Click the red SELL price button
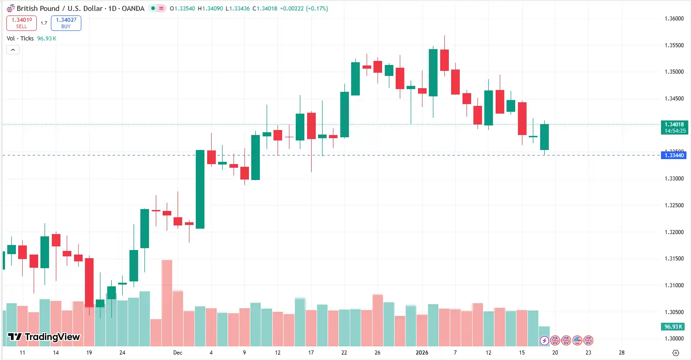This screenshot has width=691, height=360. coord(21,23)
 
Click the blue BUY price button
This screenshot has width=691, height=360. coord(66,23)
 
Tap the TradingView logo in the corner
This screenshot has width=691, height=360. coord(44,337)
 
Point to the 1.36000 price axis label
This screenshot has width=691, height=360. coord(674,19)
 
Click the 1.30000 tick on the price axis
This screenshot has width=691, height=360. coord(674,339)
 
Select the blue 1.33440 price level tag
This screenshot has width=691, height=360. coord(674,155)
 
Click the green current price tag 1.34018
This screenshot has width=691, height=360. coord(674,127)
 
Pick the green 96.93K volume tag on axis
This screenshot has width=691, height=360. coord(673,327)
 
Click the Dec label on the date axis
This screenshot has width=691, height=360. coord(178,353)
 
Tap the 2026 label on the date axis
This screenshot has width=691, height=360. coord(422,353)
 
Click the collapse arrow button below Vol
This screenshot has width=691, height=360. coord(13,50)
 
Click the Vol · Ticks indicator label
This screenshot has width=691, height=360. coord(20,39)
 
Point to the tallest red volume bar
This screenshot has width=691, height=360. coord(167,302)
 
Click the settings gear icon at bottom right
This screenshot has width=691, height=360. coord(676,353)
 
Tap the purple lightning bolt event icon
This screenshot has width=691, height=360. coord(544,340)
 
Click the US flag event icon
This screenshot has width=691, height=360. coord(577,340)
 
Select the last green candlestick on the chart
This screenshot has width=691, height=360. coord(544,137)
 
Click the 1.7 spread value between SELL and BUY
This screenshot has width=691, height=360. coord(44,23)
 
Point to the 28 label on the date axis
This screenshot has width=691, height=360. coord(621,353)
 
